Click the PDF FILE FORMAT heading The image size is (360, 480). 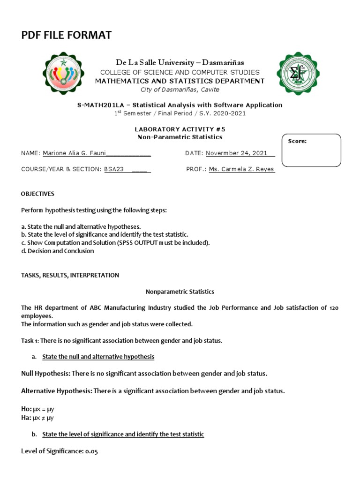coord(66,35)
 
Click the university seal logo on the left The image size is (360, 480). coord(64,73)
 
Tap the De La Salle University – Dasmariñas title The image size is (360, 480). coord(180,62)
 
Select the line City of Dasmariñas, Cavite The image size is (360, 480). coord(180,90)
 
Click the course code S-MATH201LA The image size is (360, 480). coord(98,105)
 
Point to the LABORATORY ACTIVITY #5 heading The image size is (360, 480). coord(180,129)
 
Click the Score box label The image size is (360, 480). coord(297,141)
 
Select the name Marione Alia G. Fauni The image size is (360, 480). coord(74,153)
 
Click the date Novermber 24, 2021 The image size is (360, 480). coord(237,153)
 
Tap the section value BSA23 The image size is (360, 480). coord(113,169)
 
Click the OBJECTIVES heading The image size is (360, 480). coord(37,194)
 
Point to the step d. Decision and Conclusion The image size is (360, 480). coord(58,251)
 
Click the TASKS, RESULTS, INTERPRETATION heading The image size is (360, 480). coord(70,275)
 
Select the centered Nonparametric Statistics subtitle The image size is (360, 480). coord(180,292)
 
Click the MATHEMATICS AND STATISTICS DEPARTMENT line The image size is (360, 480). coord(180,81)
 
